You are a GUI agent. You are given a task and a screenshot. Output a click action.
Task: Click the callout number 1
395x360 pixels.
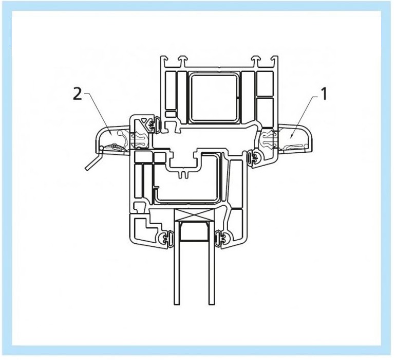coord(323,94)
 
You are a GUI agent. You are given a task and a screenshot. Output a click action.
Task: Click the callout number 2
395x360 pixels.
coord(78,94)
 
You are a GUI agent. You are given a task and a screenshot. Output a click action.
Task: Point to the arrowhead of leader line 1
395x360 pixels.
coord(291,137)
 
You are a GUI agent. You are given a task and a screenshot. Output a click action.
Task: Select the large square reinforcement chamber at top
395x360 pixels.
coord(214,97)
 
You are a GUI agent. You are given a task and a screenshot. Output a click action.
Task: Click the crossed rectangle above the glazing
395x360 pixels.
coord(194,214)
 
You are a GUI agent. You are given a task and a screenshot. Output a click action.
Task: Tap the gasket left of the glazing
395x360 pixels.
coord(166,238)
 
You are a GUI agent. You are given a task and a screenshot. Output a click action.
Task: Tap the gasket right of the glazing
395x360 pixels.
coord(222,238)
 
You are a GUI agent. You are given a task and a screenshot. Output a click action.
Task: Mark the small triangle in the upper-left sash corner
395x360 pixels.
coord(144,120)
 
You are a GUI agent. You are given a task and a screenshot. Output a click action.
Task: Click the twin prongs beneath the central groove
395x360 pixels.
coord(183,174)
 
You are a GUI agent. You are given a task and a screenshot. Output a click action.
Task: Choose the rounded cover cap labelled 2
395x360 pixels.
coord(112,139)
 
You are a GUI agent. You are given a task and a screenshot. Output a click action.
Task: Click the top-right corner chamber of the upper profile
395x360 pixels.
coord(265,83)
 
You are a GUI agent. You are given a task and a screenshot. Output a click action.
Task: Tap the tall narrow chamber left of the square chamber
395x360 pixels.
coord(171,91)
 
